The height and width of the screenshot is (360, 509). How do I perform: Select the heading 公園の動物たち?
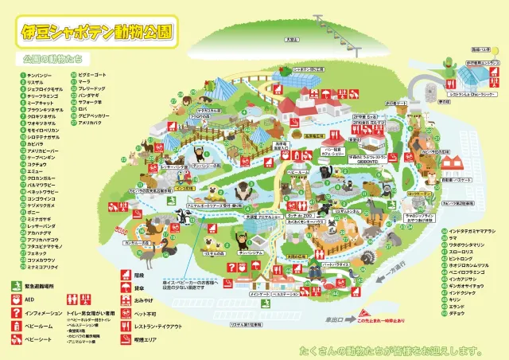tap(52, 60)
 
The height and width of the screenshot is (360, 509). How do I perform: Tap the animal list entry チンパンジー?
tap(40, 75)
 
